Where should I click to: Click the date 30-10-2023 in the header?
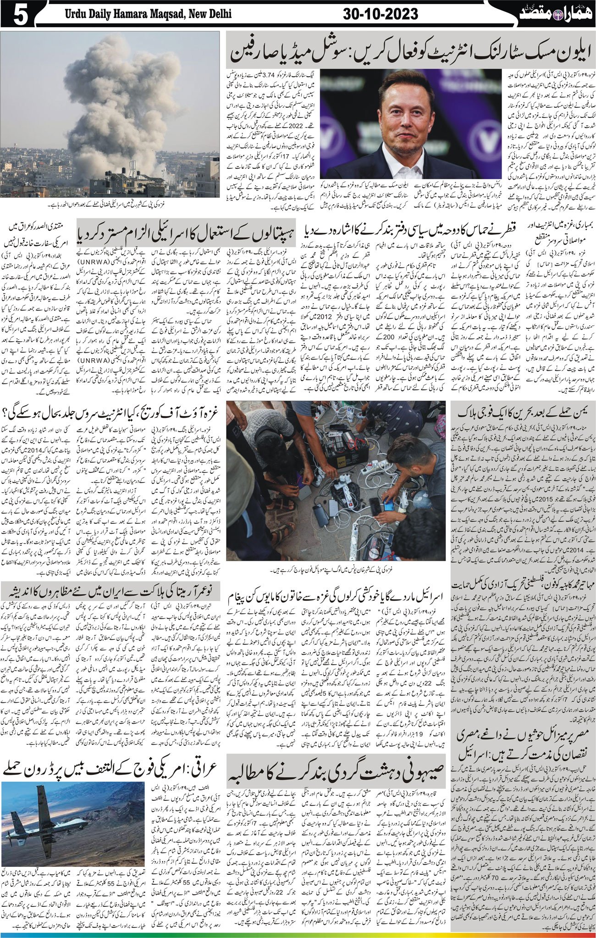(381, 14)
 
